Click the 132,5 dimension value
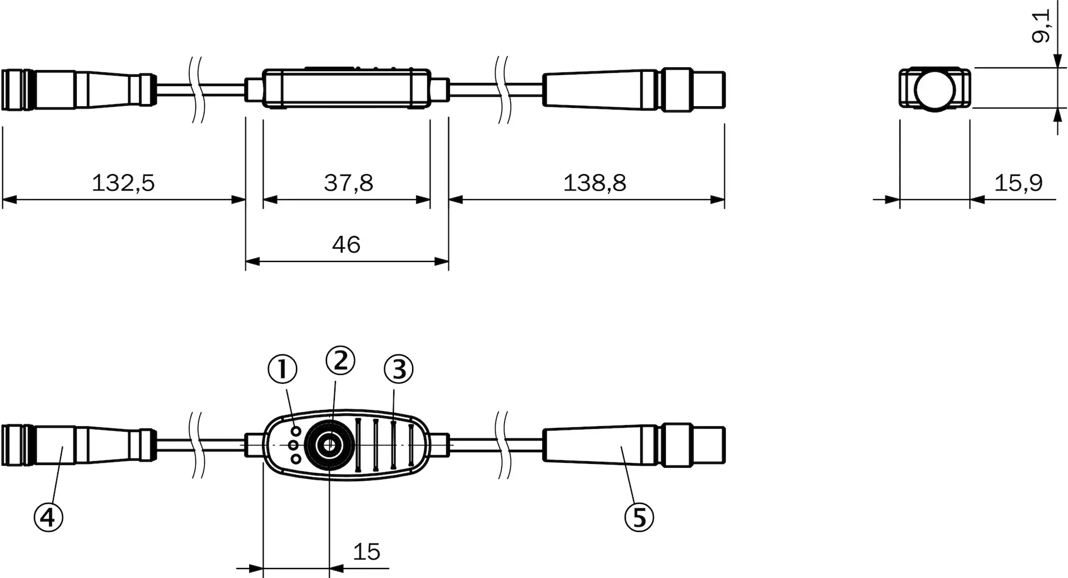(123, 182)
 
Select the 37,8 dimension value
(349, 182)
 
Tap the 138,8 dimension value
(595, 182)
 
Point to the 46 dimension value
(346, 244)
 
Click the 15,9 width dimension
(1018, 182)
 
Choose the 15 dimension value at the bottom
(367, 551)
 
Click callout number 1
(283, 369)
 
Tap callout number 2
(340, 360)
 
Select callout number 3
(399, 369)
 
